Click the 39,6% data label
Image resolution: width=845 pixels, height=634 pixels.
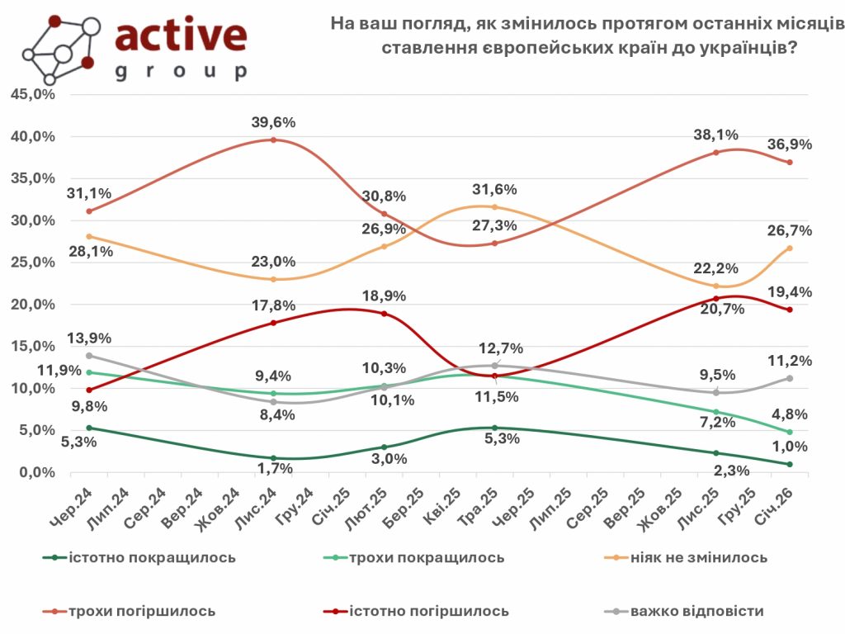(273, 123)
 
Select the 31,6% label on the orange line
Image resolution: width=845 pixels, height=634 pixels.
(493, 189)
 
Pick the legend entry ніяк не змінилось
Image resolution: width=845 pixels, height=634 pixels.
(698, 557)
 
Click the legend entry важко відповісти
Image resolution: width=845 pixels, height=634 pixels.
(696, 612)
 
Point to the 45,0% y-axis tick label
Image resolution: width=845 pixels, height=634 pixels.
(32, 94)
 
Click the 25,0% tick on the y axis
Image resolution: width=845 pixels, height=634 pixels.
(32, 263)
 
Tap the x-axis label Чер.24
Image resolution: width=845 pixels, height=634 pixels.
(68, 504)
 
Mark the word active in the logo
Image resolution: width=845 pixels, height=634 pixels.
(182, 36)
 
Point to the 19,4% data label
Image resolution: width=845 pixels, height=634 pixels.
(789, 291)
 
